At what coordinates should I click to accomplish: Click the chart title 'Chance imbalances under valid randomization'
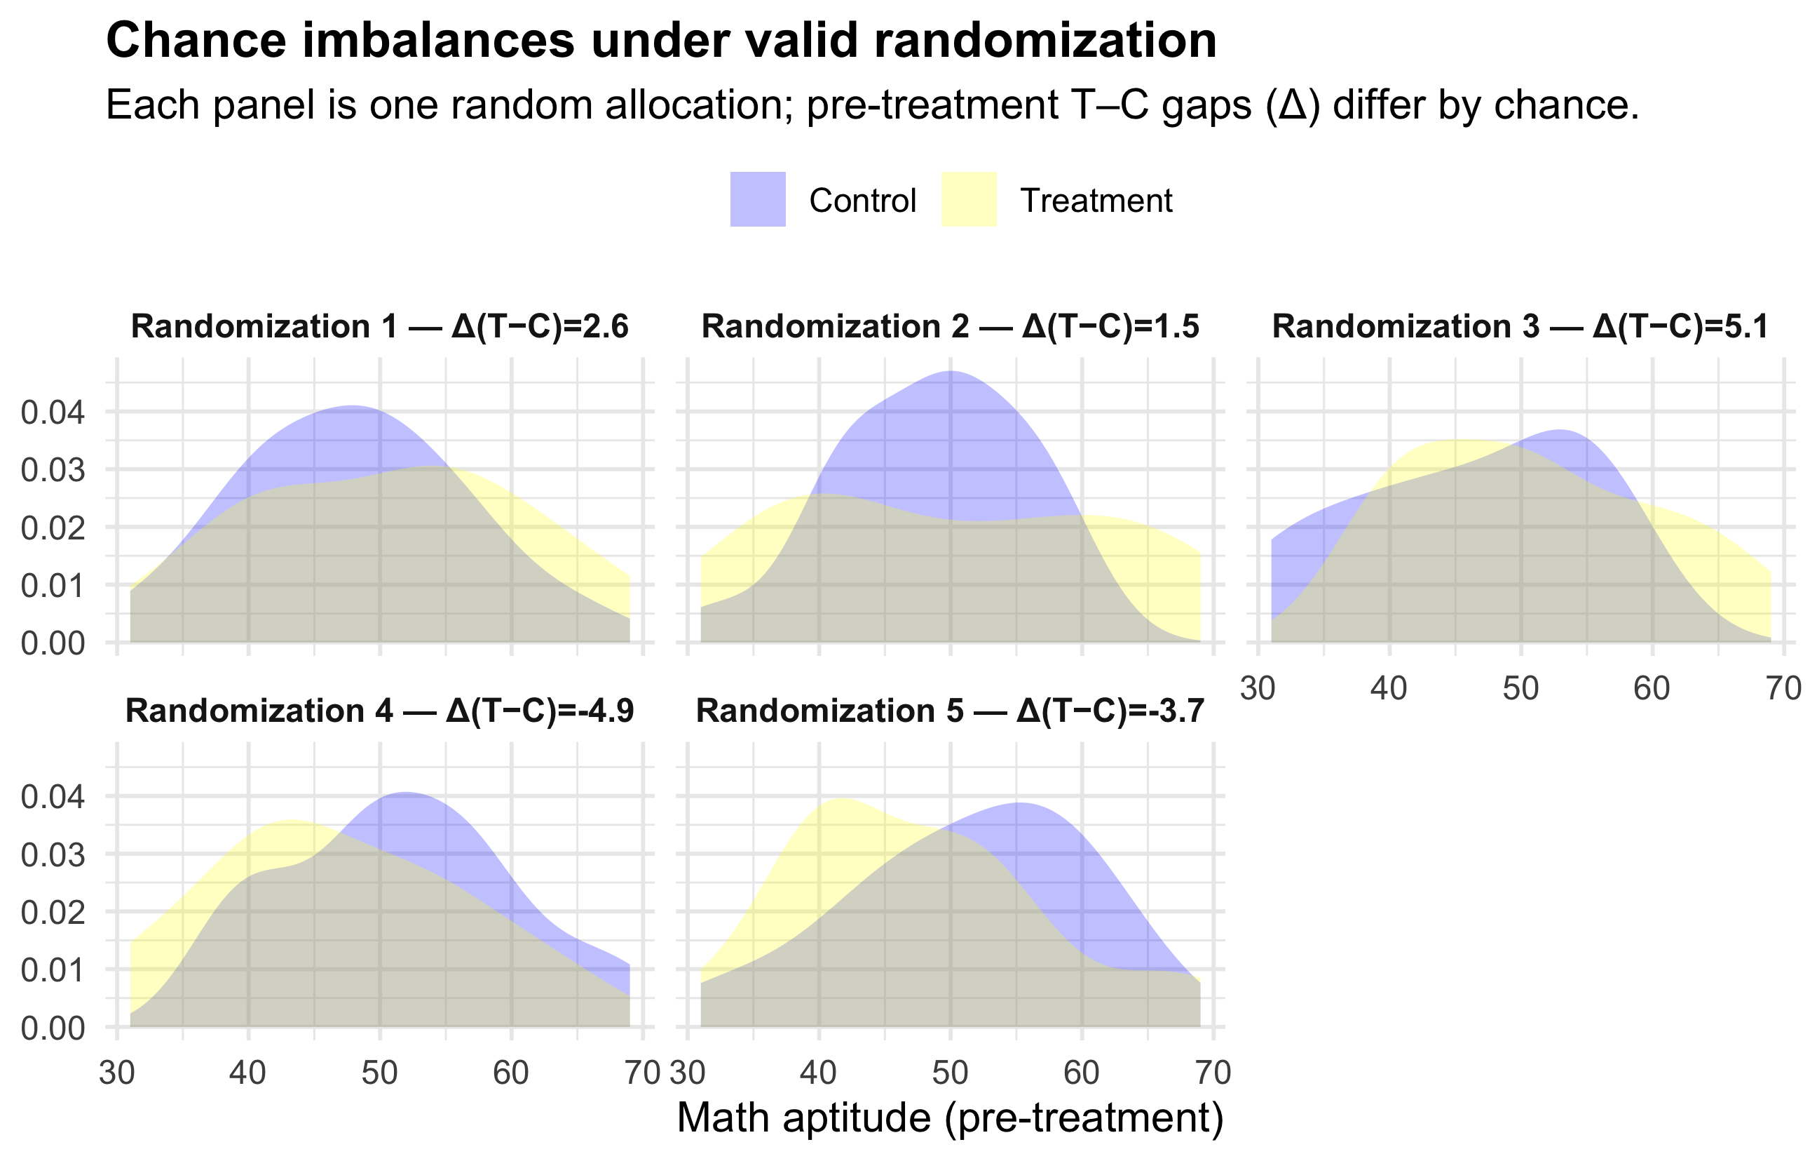[x=661, y=41]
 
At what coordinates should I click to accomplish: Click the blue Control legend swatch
[x=758, y=199]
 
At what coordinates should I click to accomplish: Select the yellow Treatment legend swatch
[x=969, y=199]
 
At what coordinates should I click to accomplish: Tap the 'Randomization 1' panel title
[x=379, y=327]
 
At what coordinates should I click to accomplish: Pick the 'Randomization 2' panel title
[x=950, y=327]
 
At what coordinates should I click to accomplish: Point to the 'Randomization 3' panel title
[x=1520, y=327]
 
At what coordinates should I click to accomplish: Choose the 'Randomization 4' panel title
[x=379, y=711]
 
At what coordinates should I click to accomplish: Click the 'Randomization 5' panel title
[x=950, y=711]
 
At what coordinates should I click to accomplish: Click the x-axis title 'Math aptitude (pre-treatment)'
[x=950, y=1118]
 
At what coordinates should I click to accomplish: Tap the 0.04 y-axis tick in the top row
[x=53, y=413]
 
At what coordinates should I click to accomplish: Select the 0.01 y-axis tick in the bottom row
[x=53, y=970]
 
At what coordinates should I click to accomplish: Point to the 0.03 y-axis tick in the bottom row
[x=53, y=855]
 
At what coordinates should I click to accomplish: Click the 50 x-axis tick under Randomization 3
[x=1520, y=688]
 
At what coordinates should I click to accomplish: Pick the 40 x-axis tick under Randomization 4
[x=248, y=1073]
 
